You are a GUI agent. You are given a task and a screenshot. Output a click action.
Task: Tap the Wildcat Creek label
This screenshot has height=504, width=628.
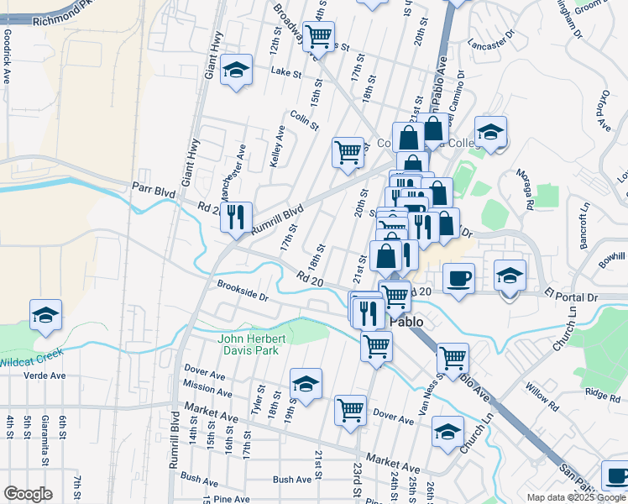[32, 358]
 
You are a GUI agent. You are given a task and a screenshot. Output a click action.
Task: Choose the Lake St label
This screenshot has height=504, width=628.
[285, 73]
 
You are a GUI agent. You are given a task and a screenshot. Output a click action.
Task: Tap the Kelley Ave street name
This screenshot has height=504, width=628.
[277, 146]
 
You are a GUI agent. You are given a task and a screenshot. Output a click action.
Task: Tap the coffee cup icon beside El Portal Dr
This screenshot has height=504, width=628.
[458, 278]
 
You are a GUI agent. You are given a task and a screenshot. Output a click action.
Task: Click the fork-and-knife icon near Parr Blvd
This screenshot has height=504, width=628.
[236, 218]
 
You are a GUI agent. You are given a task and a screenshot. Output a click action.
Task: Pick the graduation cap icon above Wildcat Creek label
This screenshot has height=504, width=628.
[46, 315]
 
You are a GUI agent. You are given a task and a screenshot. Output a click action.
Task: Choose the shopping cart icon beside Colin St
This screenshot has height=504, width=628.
[348, 153]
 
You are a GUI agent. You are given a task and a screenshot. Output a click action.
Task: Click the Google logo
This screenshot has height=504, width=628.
[28, 494]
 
